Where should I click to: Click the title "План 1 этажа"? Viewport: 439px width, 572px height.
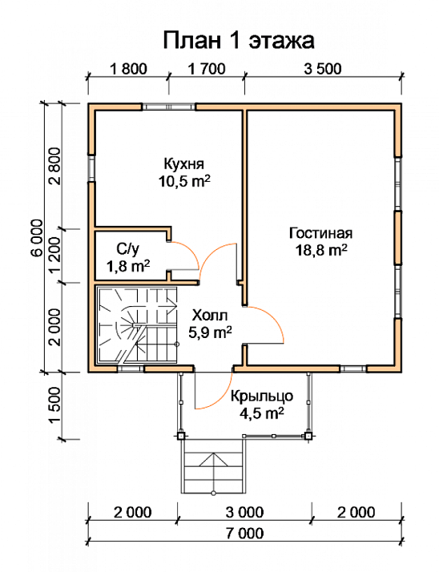[x=238, y=41]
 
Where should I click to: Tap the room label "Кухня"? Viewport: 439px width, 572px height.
[x=184, y=164]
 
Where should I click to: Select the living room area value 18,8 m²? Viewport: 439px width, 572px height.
[x=321, y=251]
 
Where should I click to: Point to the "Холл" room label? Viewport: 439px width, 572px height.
[x=210, y=315]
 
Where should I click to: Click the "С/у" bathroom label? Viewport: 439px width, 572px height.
[x=127, y=249]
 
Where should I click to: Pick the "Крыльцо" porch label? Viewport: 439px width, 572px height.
[x=262, y=397]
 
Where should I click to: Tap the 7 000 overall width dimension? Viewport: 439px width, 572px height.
[x=244, y=534]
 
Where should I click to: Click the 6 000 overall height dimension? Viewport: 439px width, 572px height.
[x=37, y=239]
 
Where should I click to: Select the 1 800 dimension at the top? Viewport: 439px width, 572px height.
[x=128, y=69]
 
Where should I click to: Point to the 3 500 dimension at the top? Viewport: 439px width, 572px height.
[x=323, y=69]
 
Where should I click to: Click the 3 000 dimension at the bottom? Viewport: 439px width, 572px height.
[x=244, y=513]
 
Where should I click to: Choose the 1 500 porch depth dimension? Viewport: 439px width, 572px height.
[x=54, y=405]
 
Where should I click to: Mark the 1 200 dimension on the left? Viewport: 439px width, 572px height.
[x=54, y=256]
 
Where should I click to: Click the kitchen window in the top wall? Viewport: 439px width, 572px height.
[x=168, y=107]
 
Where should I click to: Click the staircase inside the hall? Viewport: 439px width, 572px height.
[x=136, y=324]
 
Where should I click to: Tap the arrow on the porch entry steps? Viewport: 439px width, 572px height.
[x=213, y=459]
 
